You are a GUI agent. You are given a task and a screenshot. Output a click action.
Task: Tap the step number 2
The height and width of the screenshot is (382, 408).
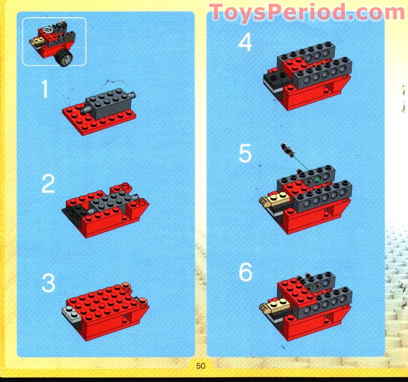pyautogui.click(x=47, y=184)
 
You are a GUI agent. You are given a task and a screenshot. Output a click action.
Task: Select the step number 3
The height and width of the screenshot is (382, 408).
pyautogui.click(x=48, y=284)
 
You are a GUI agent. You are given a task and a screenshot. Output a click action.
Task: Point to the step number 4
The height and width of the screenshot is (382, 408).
pyautogui.click(x=245, y=42)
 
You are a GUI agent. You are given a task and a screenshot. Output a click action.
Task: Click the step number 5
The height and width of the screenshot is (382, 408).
pyautogui.click(x=245, y=154)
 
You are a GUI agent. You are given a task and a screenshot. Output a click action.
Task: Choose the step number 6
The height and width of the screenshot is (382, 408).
pyautogui.click(x=245, y=272)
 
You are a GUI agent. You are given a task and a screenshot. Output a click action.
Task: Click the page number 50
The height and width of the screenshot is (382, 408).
pyautogui.click(x=201, y=366)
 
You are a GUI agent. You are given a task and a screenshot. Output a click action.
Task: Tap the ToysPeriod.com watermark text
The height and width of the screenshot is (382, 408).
pyautogui.click(x=307, y=12)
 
